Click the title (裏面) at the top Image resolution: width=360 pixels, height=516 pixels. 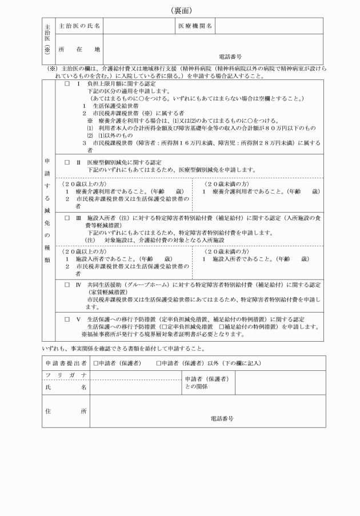pyautogui.click(x=181, y=10)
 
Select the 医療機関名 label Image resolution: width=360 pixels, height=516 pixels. pyautogui.click(x=195, y=26)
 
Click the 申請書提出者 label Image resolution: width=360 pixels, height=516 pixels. pyautogui.click(x=66, y=363)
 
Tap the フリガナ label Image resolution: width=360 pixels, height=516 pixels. pyautogui.click(x=66, y=374)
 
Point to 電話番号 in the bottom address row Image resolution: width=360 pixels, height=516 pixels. pyautogui.click(x=222, y=418)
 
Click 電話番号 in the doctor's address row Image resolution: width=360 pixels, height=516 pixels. pyautogui.click(x=230, y=57)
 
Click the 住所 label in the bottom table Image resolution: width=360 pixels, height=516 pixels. pyautogui.click(x=66, y=411)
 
